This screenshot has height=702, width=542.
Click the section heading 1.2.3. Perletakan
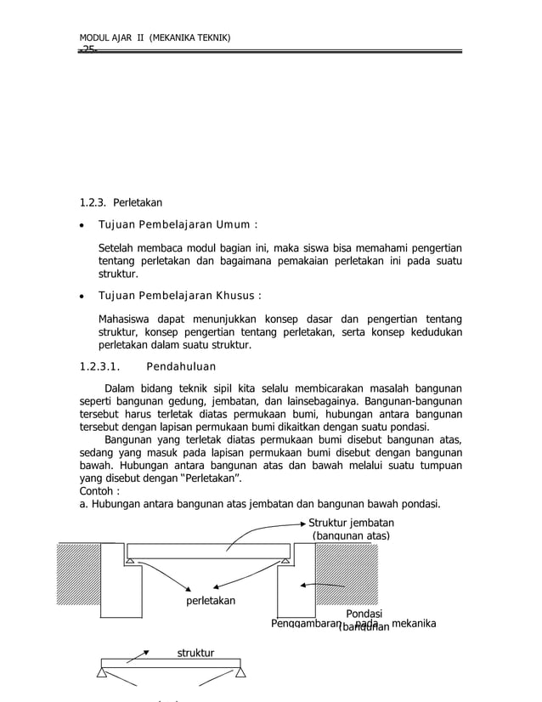point(120,203)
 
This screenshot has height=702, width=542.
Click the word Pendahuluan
point(181,367)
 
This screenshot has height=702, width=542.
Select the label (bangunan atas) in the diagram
point(350,536)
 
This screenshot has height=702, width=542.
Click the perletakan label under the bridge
point(210,601)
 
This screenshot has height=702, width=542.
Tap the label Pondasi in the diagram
point(364,614)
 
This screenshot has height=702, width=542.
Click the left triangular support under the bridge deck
point(129,562)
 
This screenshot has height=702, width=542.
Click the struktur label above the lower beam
point(195,653)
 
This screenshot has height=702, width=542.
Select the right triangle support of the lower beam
point(240,672)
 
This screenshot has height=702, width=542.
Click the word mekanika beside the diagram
point(420,625)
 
